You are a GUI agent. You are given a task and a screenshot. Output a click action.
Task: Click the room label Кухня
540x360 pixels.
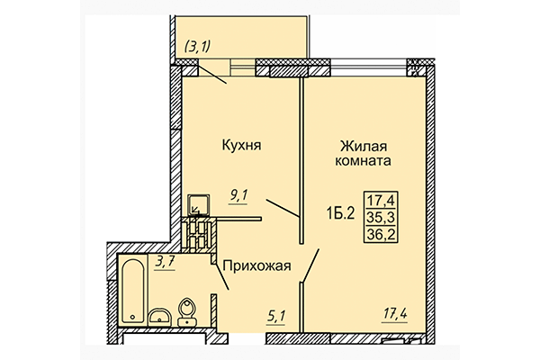coord(241,143)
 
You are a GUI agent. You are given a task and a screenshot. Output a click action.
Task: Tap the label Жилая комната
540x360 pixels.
coord(364,152)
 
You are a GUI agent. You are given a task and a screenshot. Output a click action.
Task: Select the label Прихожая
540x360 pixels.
coord(256,265)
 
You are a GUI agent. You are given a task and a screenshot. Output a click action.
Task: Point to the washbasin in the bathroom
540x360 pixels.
coord(159,315)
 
